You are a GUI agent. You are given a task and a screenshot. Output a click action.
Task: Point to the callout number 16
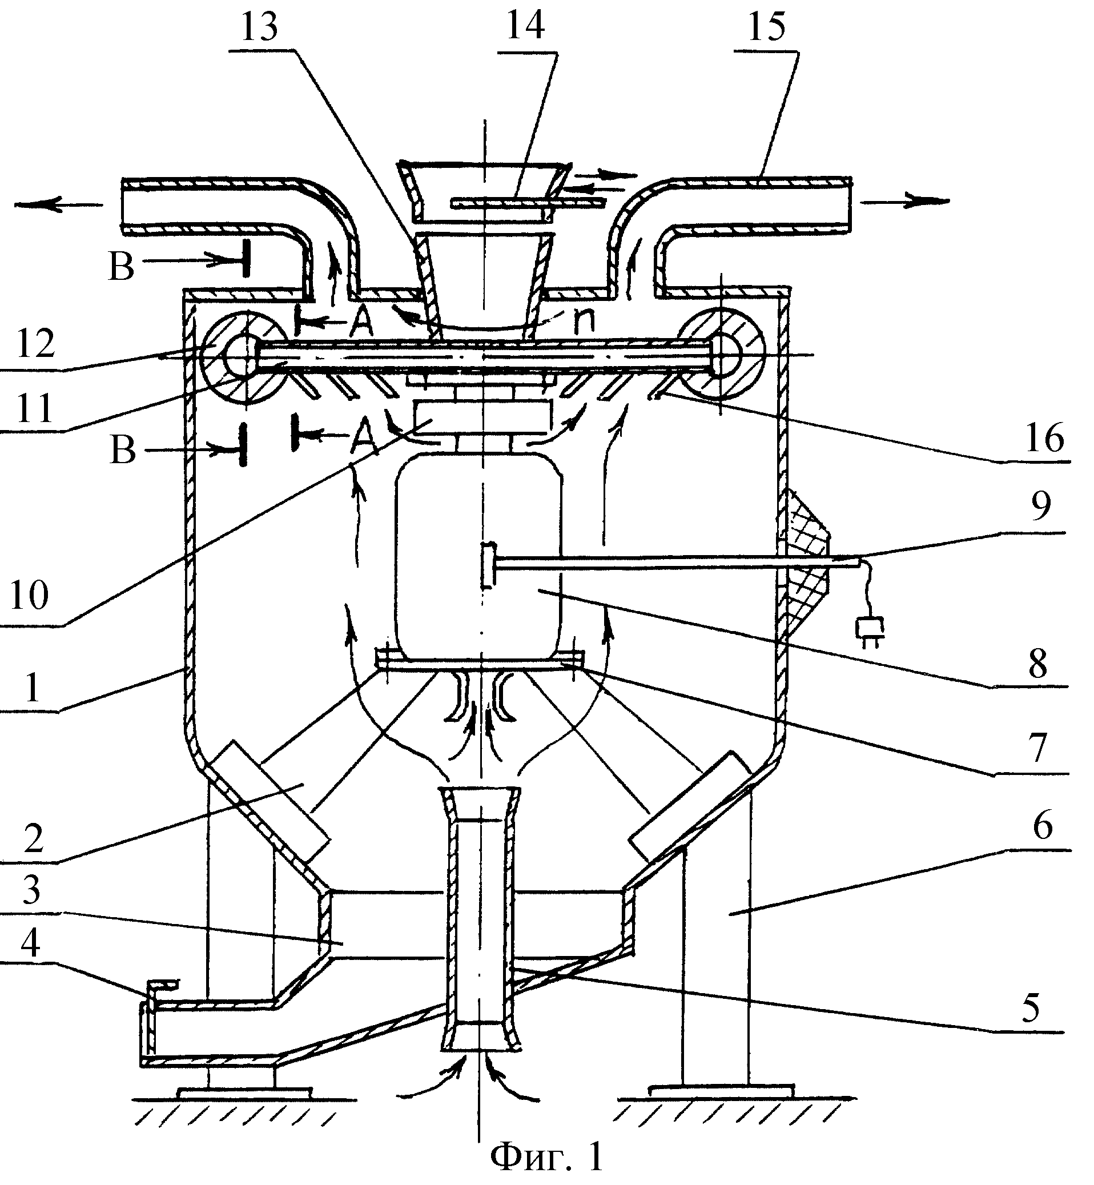(x=1045, y=439)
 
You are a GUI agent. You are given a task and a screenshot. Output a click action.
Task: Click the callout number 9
(x=1041, y=507)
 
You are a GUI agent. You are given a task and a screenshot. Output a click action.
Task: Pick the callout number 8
(x=1039, y=664)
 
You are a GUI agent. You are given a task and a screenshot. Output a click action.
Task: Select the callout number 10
(x=29, y=595)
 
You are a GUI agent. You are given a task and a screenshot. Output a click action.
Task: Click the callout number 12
(x=35, y=344)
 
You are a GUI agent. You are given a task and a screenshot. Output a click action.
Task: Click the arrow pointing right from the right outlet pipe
(x=904, y=202)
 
